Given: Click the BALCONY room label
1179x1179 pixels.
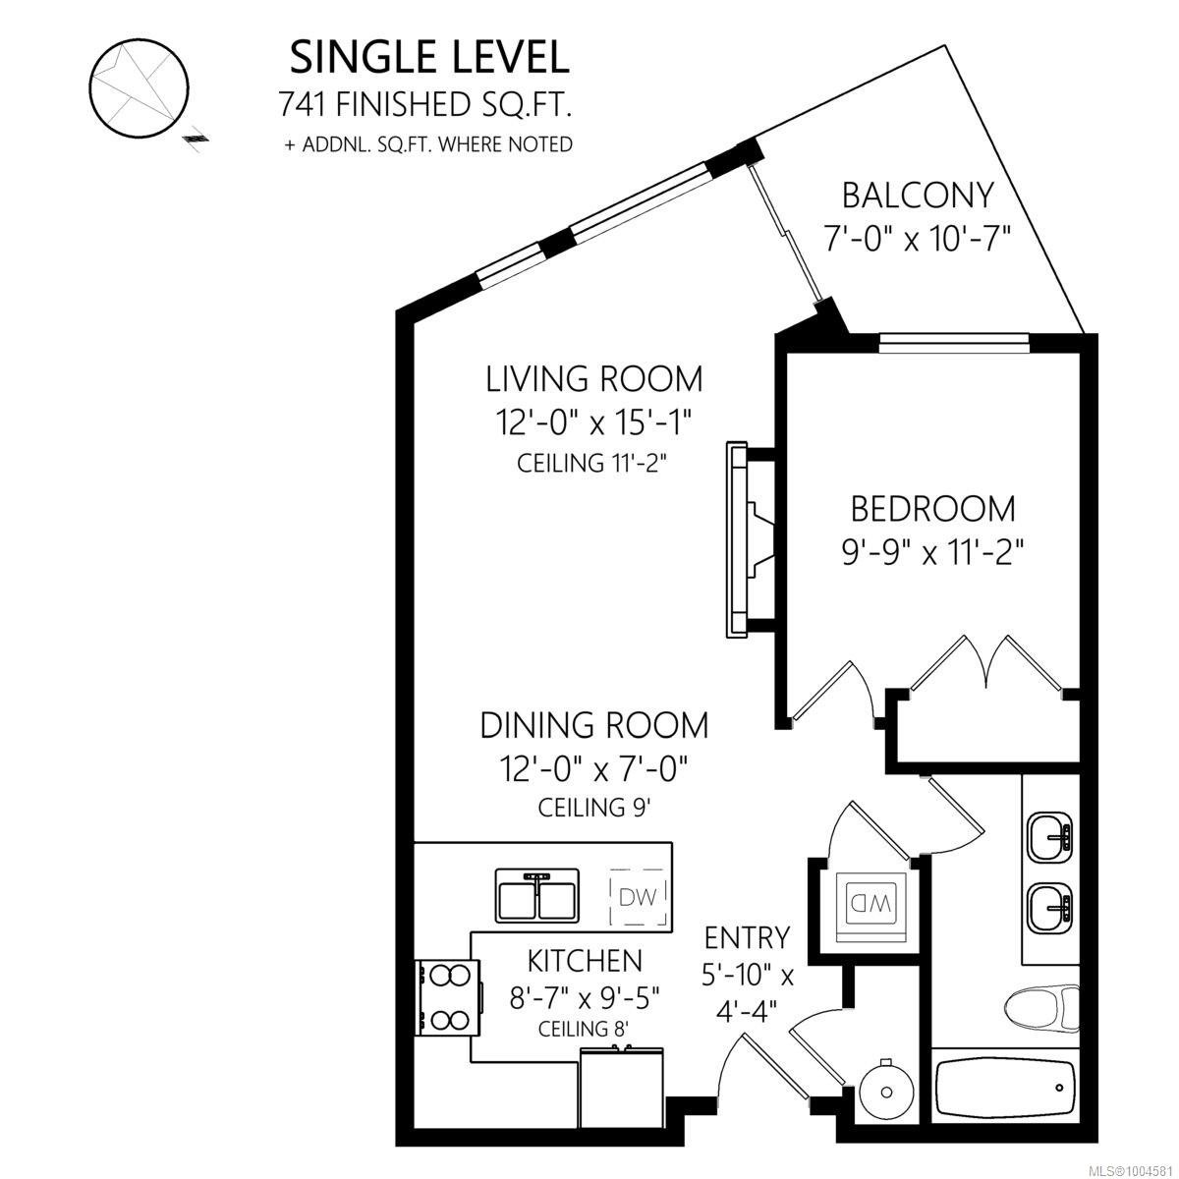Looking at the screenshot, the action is (917, 196).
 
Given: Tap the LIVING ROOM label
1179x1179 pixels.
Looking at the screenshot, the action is (594, 378).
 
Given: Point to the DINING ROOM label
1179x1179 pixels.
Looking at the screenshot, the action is (594, 726).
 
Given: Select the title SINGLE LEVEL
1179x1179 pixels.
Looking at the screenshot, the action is (429, 58).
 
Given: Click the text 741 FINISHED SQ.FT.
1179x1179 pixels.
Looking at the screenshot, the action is (425, 104).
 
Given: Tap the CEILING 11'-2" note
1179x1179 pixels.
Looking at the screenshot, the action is (591, 463).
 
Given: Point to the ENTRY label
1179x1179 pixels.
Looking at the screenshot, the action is (747, 938).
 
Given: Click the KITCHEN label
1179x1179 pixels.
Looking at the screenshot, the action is (585, 961).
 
